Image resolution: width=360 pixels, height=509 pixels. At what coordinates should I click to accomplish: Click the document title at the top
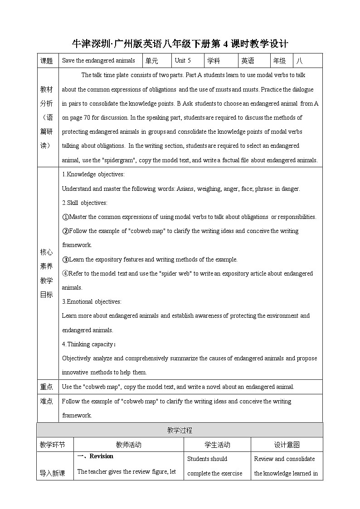[x=180, y=44]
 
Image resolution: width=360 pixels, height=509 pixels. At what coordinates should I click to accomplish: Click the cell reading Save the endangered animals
[x=98, y=61]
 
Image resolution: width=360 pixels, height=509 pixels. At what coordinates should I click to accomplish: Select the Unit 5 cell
[x=183, y=61]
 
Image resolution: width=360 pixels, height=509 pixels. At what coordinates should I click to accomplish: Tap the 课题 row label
[x=47, y=61]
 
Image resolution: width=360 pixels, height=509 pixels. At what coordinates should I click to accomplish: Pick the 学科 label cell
[x=214, y=61]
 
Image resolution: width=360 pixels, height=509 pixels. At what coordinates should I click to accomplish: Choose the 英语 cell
[x=248, y=61]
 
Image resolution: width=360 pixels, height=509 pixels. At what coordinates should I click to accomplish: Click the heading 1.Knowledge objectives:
[x=93, y=175]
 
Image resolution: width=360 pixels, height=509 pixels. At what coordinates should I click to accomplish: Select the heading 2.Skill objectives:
[x=84, y=203]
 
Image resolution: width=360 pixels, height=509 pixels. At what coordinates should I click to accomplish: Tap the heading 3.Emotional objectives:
[x=92, y=301]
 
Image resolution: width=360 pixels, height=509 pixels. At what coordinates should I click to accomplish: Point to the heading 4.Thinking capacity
[x=88, y=344]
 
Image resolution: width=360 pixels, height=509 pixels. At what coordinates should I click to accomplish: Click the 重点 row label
[x=47, y=387]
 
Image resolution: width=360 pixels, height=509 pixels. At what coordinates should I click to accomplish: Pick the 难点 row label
[x=47, y=401]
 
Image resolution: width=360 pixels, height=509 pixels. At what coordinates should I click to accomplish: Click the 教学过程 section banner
[x=180, y=430]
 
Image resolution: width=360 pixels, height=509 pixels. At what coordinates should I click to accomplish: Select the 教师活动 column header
[x=128, y=445]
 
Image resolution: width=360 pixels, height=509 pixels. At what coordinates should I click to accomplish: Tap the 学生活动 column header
[x=217, y=445]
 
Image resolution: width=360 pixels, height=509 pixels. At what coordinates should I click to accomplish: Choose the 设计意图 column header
[x=287, y=445]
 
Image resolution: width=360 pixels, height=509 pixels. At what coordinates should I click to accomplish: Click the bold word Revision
[x=101, y=456]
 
